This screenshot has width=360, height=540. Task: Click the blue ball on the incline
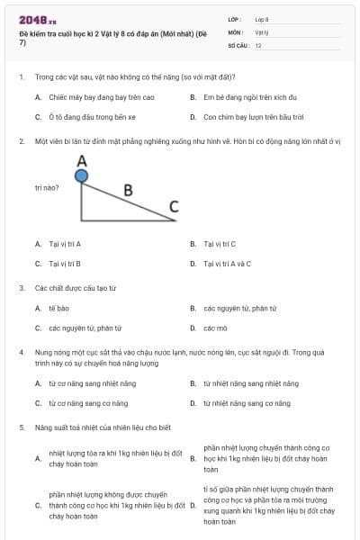[82, 176]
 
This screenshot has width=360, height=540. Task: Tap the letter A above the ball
[82, 160]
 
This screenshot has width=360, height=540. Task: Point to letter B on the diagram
[128, 190]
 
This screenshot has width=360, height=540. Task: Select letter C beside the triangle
[174, 205]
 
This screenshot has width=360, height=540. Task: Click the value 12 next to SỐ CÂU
[258, 44]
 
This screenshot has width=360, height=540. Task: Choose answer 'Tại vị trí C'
[220, 244]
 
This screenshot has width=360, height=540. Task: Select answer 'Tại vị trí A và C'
[227, 264]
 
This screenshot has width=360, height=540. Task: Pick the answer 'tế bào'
[58, 309]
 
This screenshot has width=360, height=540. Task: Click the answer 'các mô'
[215, 328]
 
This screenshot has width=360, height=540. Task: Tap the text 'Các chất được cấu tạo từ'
[76, 288]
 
